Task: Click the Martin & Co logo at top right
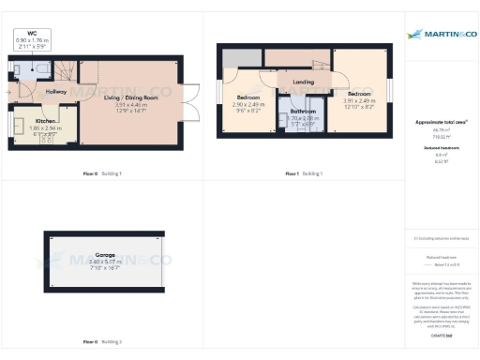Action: click(440, 35)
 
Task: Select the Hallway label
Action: click(56, 91)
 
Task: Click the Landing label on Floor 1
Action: click(303, 82)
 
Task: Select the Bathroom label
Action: click(302, 112)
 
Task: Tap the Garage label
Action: click(104, 254)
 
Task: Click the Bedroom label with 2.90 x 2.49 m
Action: click(247, 97)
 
